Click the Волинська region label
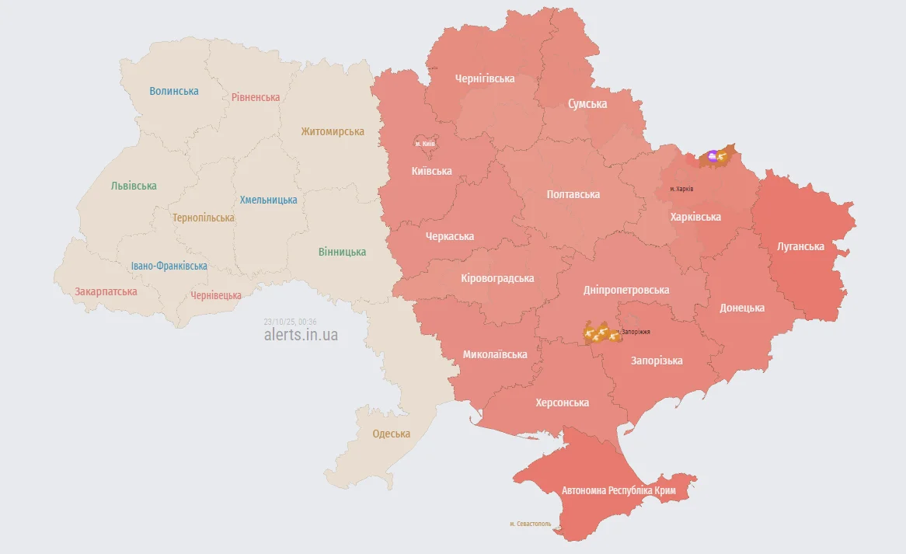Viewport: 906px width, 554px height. pos(174,91)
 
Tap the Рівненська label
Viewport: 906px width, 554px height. pos(256,97)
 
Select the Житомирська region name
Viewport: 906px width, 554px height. pos(333,131)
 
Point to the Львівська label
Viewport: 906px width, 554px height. pos(134,186)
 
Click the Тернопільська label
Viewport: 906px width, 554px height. pos(203,218)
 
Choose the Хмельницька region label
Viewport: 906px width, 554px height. pos(268,200)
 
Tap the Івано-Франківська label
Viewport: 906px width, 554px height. pos(169,266)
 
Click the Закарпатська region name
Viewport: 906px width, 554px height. pos(106,291)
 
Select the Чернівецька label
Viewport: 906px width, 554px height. pos(216,295)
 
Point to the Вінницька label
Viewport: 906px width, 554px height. pos(342,252)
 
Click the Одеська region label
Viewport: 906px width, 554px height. pos(391,434)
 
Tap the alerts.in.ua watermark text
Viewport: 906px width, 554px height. pos(301,336)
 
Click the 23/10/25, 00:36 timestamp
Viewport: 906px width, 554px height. pos(284,322)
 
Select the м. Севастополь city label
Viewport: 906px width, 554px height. pos(530,524)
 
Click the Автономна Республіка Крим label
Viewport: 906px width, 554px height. pos(619,491)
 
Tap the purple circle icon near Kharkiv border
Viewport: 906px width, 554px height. pos(713,156)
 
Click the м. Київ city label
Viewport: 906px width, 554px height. pos(425,144)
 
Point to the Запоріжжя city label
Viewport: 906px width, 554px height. pos(636,332)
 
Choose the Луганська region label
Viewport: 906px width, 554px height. pos(800,246)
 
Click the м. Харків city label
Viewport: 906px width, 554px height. pos(681,189)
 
